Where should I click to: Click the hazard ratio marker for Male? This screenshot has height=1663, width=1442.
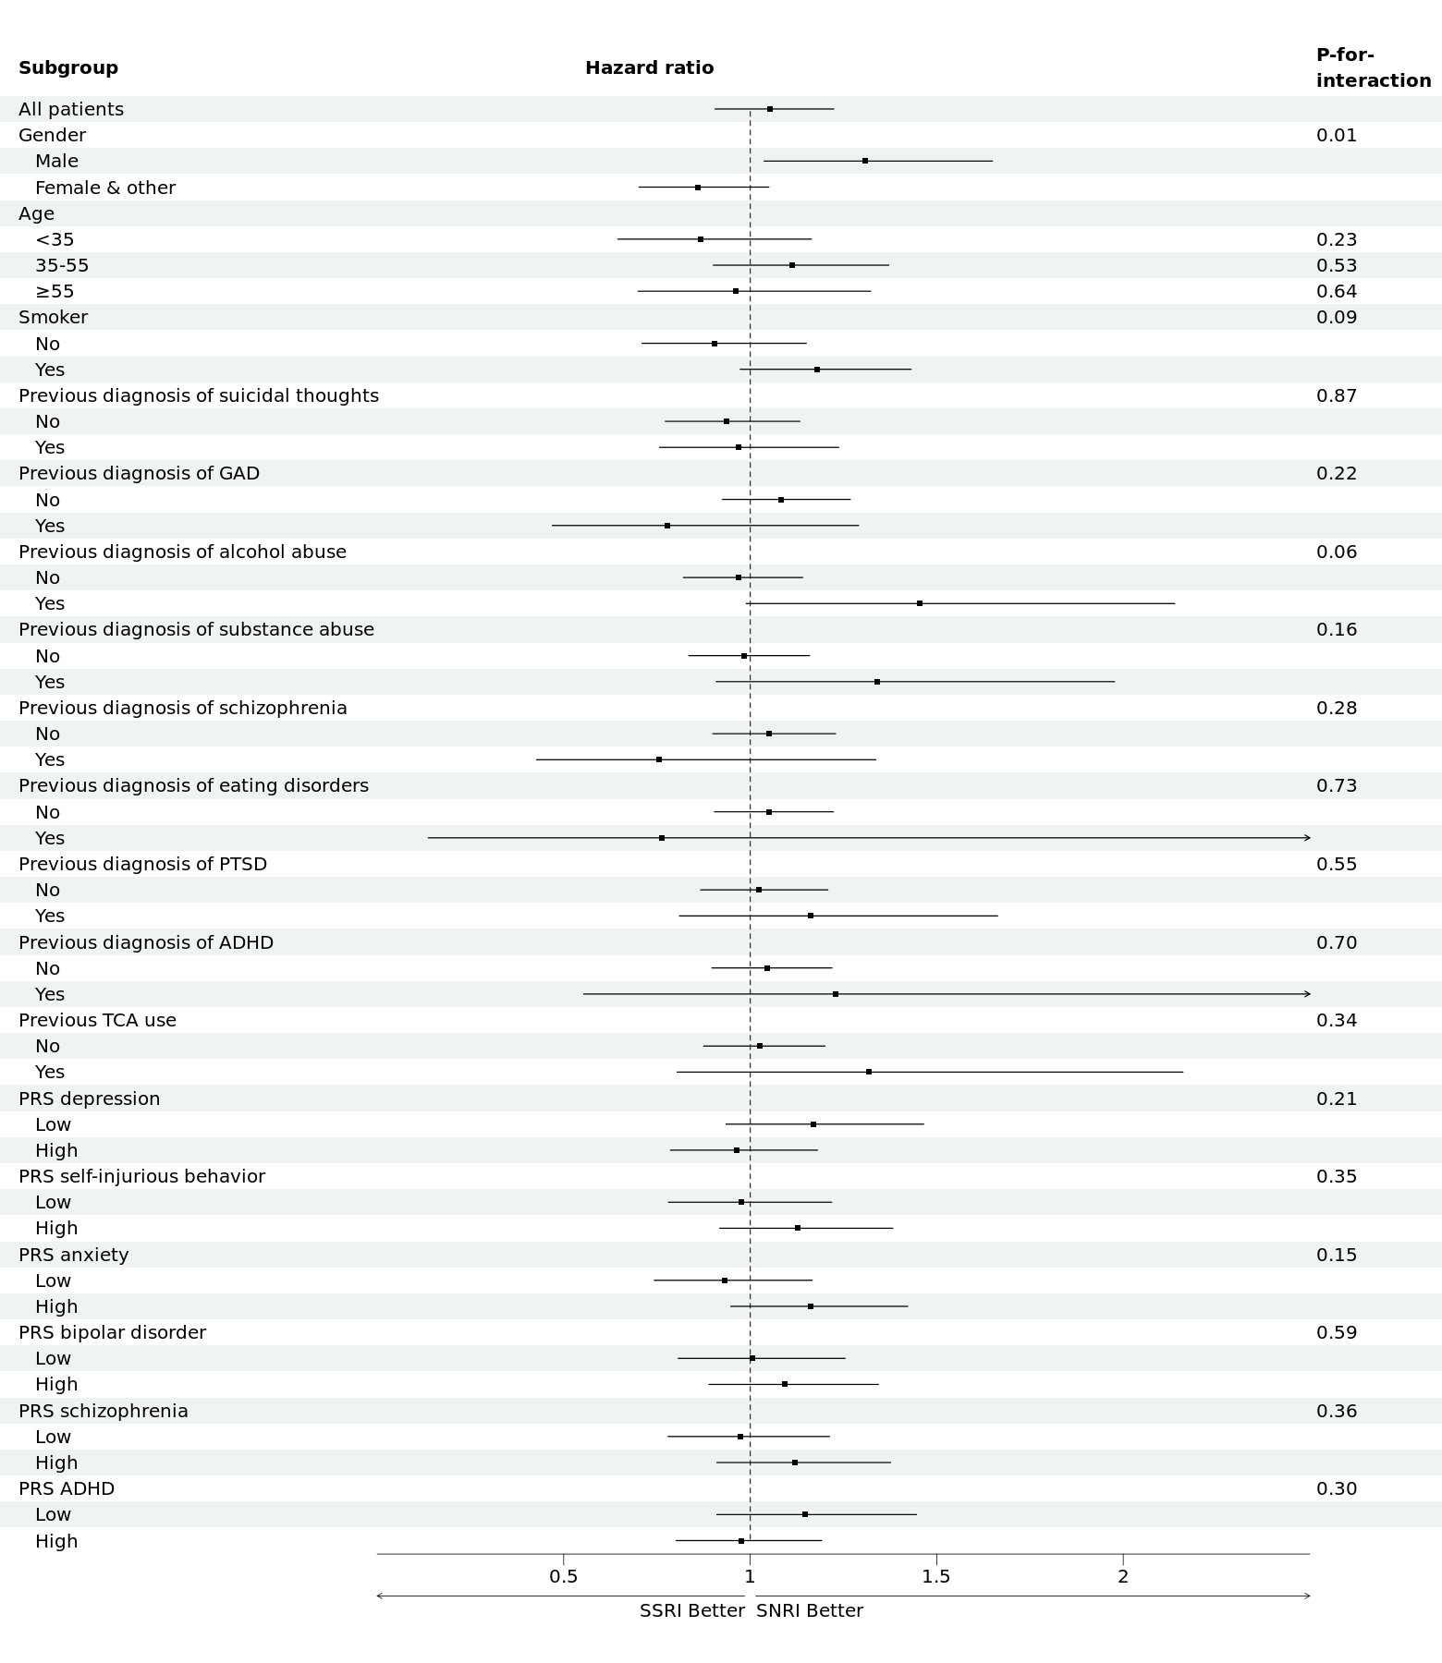coord(865,161)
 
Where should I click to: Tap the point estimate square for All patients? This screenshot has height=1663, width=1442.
coord(770,109)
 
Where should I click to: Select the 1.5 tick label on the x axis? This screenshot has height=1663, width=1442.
coord(936,1576)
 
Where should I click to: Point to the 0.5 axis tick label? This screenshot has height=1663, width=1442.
coord(564,1576)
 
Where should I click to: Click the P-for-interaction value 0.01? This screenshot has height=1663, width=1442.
coord(1337,135)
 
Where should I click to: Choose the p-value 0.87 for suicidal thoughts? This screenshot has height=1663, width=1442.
coord(1337,395)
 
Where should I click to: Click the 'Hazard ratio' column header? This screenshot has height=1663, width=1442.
coord(650,67)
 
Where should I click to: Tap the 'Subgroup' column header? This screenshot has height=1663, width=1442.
coord(68,68)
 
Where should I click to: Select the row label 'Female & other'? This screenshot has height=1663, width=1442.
coord(105,188)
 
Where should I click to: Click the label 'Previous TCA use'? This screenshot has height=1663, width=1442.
coord(97,1020)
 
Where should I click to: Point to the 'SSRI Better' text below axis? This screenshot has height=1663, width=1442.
coord(692,1610)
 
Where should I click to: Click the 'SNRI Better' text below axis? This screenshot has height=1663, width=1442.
coord(810,1610)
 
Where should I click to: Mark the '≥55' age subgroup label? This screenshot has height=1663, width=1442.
coord(55,292)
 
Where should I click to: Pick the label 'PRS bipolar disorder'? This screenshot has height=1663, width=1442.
coord(112,1332)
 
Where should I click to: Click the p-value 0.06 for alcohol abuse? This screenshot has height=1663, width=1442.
coord(1337,552)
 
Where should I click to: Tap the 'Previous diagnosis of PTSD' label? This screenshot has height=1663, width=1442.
coord(142,864)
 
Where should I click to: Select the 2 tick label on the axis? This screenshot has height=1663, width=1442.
coord(1123,1576)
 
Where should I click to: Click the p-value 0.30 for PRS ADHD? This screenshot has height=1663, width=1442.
coord(1337,1488)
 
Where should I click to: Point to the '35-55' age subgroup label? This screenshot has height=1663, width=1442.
coord(62,265)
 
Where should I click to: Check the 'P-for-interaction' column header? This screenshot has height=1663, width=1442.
coord(1374,67)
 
